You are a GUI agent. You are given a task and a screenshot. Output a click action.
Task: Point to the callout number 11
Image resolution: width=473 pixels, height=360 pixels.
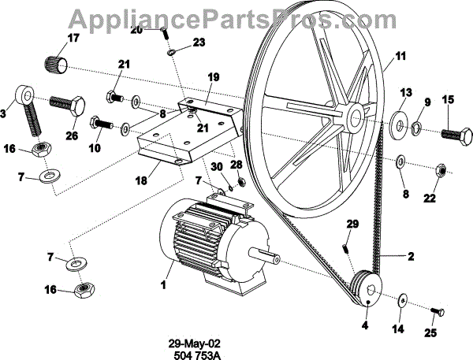tap(400, 56)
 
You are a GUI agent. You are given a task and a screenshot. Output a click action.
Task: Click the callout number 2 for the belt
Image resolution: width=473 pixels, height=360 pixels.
tap(411, 256)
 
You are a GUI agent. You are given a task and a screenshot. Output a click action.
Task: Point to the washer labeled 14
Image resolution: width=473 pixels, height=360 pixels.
tap(402, 299)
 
